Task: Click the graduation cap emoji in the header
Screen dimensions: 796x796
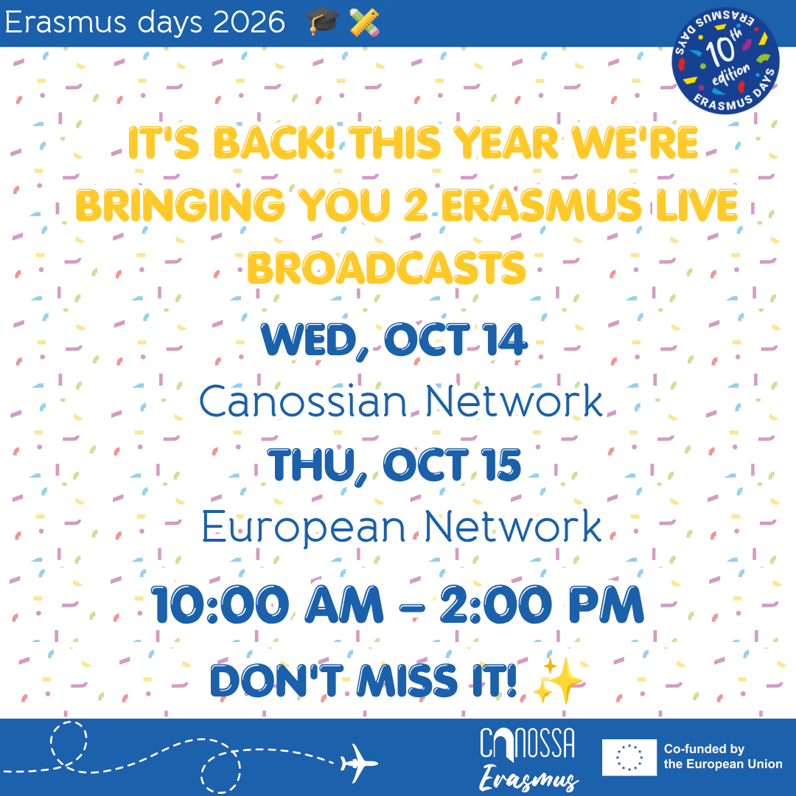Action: pos(322,22)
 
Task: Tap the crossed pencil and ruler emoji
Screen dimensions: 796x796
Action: pos(365,23)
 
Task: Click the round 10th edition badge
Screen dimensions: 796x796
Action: pos(725,60)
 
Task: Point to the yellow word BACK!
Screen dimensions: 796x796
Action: pos(274,143)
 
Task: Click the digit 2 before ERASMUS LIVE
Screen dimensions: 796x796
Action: pos(416,205)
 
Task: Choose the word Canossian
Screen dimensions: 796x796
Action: pos(303,402)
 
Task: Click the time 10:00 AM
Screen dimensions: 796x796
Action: pos(267,604)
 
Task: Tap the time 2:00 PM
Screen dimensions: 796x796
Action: pos(542,604)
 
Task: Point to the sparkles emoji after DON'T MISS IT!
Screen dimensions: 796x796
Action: pos(558,680)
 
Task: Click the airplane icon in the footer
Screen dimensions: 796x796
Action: pos(359,764)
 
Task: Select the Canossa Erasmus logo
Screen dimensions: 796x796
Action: pos(528,759)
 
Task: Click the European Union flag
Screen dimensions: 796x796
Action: pos(629,758)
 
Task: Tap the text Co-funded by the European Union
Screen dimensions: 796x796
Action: pos(723,756)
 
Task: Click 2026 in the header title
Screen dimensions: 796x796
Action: pos(249,23)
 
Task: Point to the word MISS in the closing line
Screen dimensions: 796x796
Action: pos(408,680)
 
